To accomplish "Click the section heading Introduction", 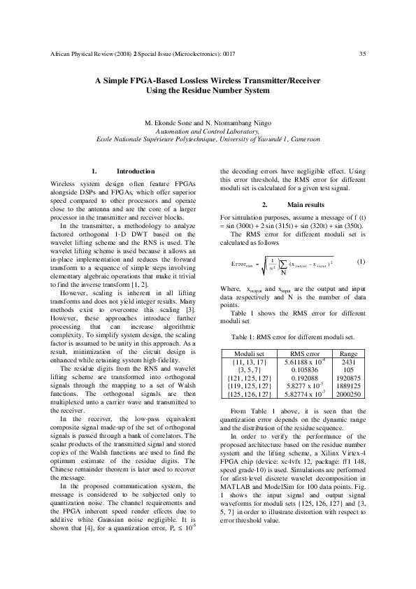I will pos(135,171).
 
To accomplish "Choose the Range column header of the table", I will pos(347,353).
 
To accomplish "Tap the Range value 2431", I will pos(347,362).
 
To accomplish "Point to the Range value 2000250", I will pos(347,395).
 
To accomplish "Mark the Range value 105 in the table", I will pos(347,370).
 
